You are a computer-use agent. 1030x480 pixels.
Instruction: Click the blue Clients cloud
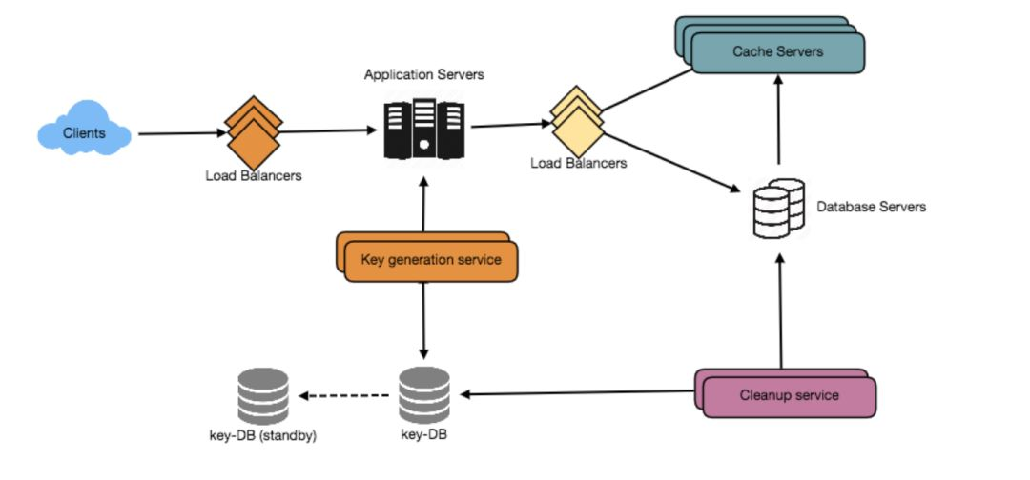84,133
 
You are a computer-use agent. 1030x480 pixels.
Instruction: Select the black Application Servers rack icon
425,128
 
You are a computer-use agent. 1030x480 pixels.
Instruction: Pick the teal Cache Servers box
776,51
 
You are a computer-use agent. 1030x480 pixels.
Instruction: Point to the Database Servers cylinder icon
778,208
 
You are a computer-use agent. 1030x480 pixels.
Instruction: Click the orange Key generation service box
430,260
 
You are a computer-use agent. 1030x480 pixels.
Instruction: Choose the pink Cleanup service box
789,394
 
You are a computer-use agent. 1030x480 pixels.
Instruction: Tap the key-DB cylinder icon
423,395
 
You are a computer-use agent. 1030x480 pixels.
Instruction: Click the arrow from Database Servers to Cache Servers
779,124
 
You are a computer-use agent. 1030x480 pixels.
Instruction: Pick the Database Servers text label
871,207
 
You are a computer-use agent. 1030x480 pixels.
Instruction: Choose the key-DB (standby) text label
261,436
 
